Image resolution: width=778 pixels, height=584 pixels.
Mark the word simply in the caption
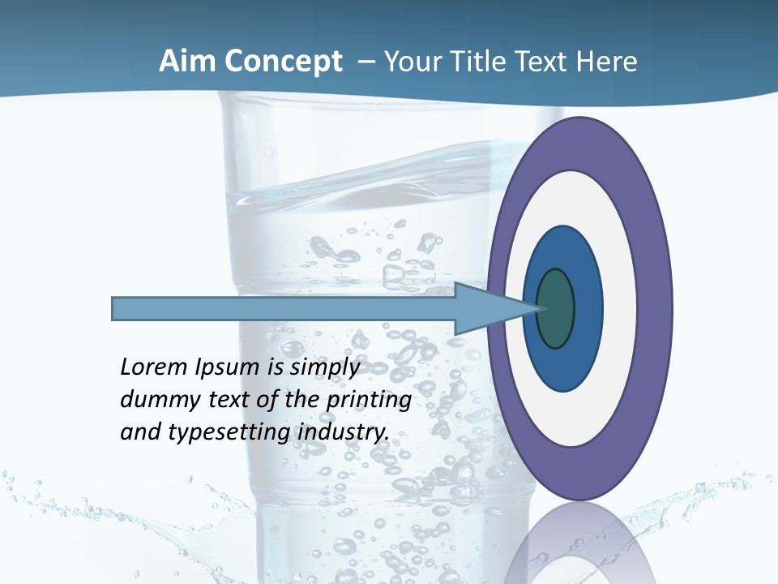[x=323, y=367]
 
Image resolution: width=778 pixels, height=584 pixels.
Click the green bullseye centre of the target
[x=556, y=309]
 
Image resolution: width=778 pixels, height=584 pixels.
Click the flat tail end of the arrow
[x=114, y=309]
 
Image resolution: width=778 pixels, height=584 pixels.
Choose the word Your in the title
[x=407, y=62]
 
